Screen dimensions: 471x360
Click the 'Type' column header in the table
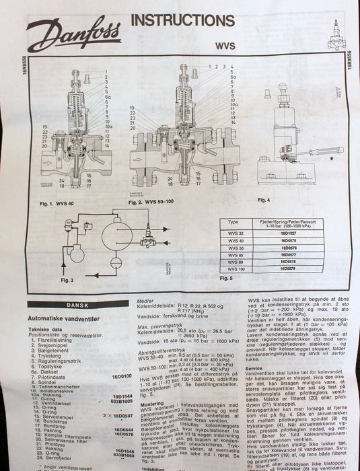(x=233, y=222)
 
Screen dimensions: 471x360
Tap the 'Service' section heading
(x=254, y=367)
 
